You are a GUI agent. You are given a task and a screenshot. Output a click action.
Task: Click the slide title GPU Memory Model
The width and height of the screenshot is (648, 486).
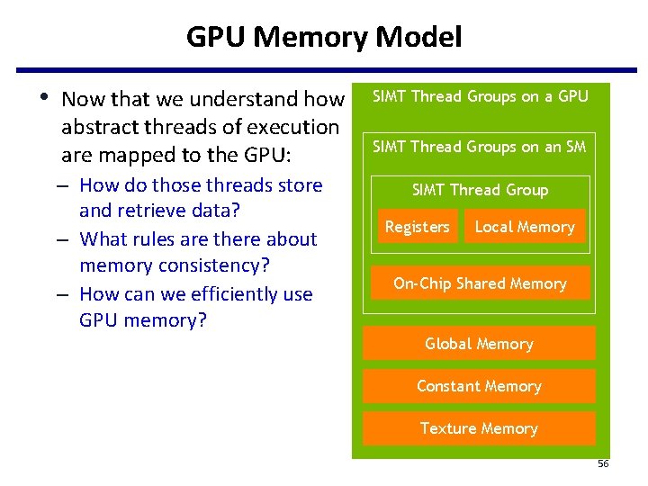324,37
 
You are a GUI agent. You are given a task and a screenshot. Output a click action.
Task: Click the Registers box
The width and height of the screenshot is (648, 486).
417,227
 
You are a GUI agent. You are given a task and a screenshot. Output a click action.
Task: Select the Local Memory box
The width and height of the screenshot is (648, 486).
525,227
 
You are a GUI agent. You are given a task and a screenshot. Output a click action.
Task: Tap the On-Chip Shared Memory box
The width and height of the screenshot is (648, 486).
479,283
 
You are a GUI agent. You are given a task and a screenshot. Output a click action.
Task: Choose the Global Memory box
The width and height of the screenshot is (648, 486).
479,344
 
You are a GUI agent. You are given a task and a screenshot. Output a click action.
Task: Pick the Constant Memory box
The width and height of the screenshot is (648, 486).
479,386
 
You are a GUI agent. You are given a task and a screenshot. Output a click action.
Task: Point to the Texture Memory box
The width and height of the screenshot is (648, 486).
479,428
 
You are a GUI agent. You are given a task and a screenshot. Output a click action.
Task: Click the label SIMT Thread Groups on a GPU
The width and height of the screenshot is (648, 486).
480,96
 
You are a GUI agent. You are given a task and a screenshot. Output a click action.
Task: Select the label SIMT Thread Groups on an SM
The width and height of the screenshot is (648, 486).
480,146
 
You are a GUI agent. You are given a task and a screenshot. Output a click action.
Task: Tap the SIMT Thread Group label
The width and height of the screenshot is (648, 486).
480,190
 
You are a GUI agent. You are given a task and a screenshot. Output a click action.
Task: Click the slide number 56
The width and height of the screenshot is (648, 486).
603,463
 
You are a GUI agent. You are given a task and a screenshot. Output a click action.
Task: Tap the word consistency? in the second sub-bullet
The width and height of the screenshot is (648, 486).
220,266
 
